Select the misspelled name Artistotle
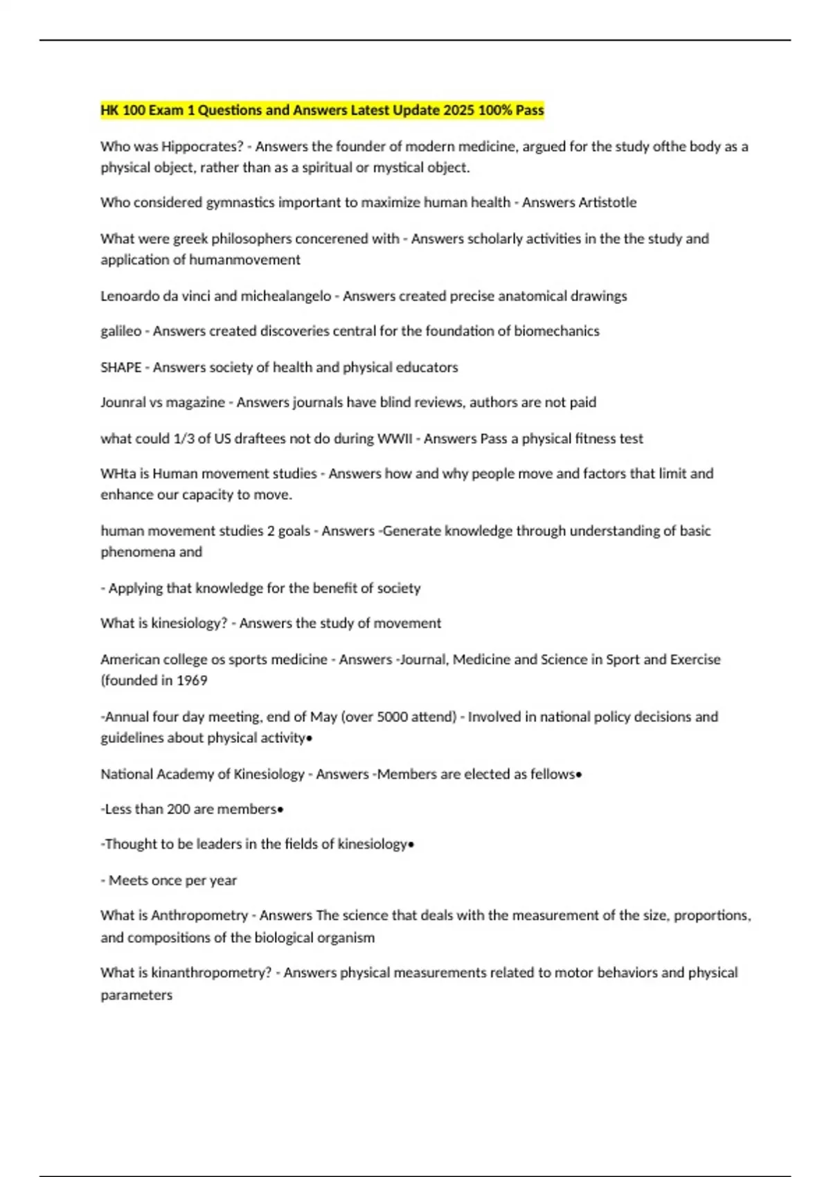click(607, 203)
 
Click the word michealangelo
click(285, 296)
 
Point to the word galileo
click(120, 331)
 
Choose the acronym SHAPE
click(121, 368)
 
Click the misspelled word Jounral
click(123, 403)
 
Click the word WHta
click(117, 474)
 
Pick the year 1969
click(192, 681)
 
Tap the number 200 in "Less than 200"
click(178, 809)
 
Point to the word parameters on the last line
click(136, 995)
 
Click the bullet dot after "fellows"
click(578, 775)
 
